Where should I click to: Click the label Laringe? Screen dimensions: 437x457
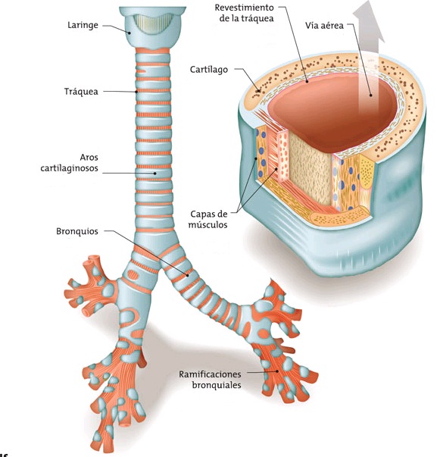pos(83,25)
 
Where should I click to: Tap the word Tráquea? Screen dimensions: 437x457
pos(81,92)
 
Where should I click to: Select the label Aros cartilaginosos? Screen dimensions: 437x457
pos(70,163)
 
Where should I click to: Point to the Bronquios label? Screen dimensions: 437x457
pos(77,231)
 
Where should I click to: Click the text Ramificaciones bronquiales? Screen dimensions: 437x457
pos(210,380)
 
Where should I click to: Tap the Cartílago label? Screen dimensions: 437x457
pos(209,70)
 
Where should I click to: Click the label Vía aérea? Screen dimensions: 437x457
pos(325,26)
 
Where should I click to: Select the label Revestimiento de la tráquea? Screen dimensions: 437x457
pos(244,13)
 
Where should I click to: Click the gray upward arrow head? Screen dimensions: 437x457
pos(369,20)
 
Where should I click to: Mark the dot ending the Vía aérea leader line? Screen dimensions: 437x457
pos(371,95)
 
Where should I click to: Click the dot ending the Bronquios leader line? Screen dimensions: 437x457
pos(188,274)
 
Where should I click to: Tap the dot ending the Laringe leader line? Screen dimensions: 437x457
pos(128,33)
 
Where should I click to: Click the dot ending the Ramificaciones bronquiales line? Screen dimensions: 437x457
pos(277,371)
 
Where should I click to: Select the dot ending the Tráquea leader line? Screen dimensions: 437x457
pos(136,92)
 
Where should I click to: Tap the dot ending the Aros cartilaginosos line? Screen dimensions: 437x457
pos(155,174)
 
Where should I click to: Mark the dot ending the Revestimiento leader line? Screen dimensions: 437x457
pos(307,82)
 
